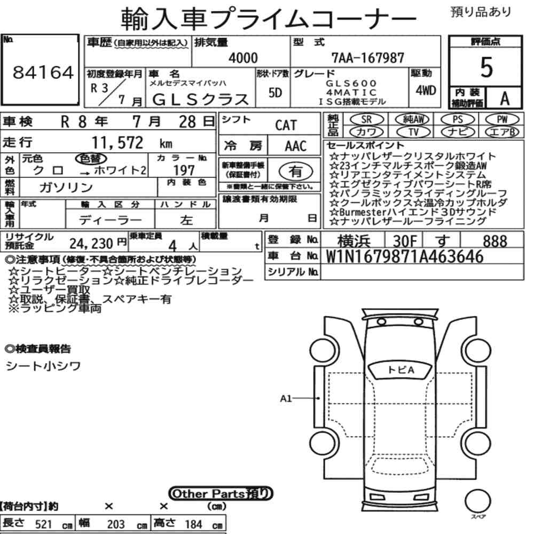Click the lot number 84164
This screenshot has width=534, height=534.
coord(43,73)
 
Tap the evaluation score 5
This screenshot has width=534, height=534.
coord(486,67)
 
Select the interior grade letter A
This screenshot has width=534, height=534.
coord(505,99)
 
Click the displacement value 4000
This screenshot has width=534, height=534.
coord(243,58)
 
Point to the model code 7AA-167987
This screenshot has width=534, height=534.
coord(368,58)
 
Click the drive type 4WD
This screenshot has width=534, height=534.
coord(426,91)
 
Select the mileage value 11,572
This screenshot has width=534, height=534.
coord(117,143)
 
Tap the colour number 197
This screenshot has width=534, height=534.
coord(184,170)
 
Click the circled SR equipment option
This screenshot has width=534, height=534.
coord(367,120)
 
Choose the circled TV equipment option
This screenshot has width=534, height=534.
coord(413,132)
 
